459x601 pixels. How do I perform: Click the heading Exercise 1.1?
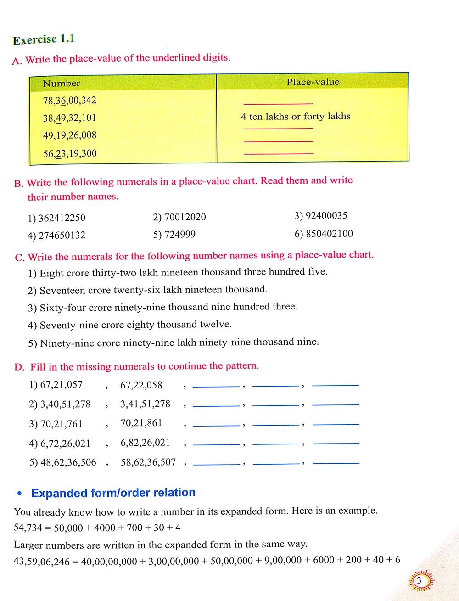(44, 39)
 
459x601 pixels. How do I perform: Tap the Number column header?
(61, 83)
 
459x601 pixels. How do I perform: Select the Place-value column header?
(313, 82)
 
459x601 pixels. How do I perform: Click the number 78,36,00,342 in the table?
(70, 100)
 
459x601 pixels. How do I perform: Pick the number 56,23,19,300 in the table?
(70, 153)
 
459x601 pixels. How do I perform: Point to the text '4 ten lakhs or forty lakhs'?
(296, 117)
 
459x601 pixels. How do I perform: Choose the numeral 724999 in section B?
(179, 235)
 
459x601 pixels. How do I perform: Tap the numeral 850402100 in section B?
(329, 234)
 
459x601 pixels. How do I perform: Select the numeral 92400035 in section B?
(326, 215)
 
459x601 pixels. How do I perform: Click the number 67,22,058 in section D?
(141, 385)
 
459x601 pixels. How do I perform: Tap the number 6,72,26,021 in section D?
(65, 444)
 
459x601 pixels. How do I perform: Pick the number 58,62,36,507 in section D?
(148, 462)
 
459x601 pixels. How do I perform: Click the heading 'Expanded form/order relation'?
(113, 493)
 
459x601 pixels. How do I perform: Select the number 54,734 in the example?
(28, 528)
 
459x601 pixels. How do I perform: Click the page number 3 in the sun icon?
(419, 581)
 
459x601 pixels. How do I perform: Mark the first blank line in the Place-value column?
(278, 104)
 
